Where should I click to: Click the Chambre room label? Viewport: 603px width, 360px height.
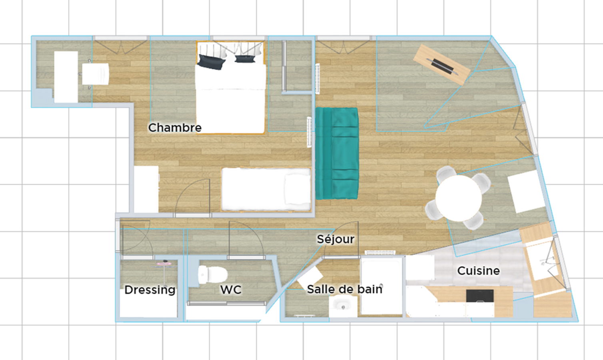[175, 128]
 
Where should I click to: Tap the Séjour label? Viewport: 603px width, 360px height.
[335, 239]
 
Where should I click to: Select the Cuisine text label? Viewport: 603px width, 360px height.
[478, 271]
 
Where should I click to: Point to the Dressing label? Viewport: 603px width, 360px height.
[150, 290]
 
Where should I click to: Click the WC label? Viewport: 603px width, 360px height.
[231, 290]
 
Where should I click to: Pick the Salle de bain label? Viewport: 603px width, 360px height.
[345, 289]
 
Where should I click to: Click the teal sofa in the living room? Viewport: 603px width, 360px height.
[337, 154]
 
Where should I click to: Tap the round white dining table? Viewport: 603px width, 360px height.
[458, 198]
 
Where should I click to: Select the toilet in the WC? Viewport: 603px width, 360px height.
[213, 275]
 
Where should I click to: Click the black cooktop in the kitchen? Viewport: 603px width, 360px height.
[480, 296]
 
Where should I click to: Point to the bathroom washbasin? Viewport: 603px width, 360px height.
[343, 306]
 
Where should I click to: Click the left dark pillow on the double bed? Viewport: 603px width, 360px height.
[211, 62]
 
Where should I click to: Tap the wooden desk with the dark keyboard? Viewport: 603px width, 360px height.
[442, 65]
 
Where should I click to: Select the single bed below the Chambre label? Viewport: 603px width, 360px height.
[266, 189]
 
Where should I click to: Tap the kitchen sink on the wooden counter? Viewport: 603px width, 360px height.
[541, 260]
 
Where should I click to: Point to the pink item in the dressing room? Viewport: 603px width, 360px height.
[164, 264]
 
